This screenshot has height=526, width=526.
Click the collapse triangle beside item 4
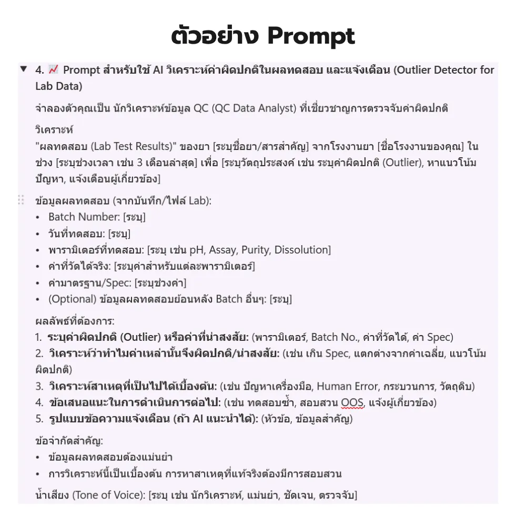(x=23, y=69)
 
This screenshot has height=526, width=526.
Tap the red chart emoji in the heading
(x=53, y=69)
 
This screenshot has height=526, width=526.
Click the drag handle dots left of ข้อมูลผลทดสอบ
(x=22, y=200)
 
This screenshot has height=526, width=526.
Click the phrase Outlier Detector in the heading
(x=436, y=69)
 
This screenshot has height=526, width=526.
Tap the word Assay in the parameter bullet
(x=222, y=250)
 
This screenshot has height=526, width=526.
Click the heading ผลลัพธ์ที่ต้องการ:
(x=75, y=321)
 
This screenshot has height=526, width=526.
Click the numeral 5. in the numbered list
(x=39, y=419)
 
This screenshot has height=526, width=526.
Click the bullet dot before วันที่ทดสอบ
(x=38, y=234)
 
